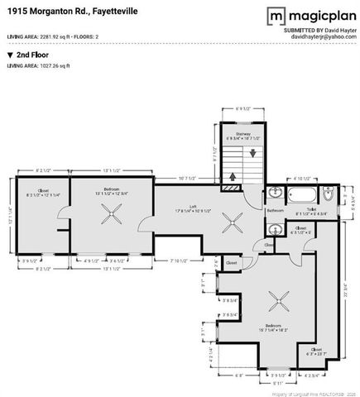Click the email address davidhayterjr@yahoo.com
323,37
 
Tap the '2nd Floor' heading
31,55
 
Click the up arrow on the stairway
233,175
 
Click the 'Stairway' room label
242,132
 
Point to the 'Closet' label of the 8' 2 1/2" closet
43,190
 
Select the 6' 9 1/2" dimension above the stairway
242,108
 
